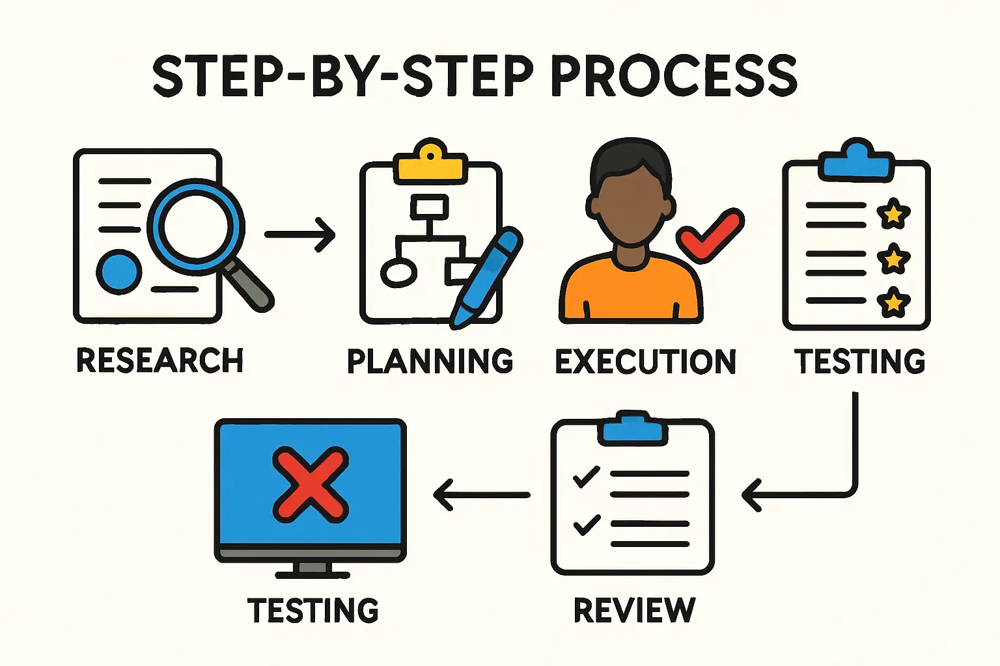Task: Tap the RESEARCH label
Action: [x=160, y=360]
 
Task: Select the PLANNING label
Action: [x=430, y=362]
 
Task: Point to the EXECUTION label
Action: [x=645, y=362]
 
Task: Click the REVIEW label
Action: [x=634, y=610]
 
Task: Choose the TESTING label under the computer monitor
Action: [x=312, y=610]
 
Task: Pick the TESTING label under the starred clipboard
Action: [x=859, y=362]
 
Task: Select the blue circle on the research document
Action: [x=119, y=272]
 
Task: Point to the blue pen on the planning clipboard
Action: [x=487, y=276]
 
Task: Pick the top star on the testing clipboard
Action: [x=893, y=213]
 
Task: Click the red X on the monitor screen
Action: [x=311, y=485]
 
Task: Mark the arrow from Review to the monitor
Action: [x=482, y=495]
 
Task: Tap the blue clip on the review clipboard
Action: [x=632, y=429]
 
